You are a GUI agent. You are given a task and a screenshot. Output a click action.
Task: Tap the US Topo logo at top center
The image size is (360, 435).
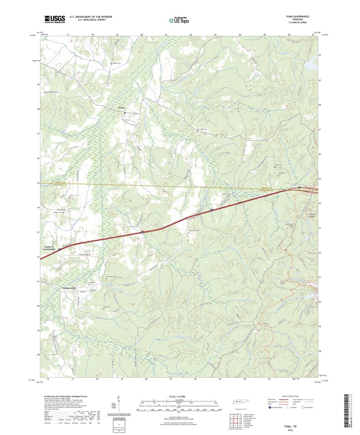pos(180,20)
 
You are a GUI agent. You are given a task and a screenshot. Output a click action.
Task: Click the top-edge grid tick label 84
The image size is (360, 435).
pos(240,33)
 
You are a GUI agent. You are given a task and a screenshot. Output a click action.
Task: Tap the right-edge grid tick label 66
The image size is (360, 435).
pos(320,154)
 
